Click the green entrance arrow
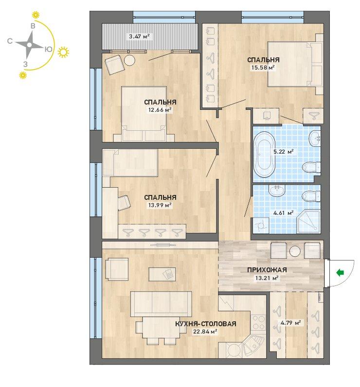340,272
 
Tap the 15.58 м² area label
263,68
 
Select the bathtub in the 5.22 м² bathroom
264,154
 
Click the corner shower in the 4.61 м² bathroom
308,221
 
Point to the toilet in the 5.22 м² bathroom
312,167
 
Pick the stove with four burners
258,322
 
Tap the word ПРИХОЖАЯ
267,270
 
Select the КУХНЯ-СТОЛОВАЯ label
206,324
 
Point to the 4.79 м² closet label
290,323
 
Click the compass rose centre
29,45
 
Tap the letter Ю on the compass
48,49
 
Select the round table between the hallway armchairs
295,251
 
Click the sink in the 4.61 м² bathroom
276,190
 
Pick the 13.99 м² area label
160,205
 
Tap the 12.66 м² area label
160,109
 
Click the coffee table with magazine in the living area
162,274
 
